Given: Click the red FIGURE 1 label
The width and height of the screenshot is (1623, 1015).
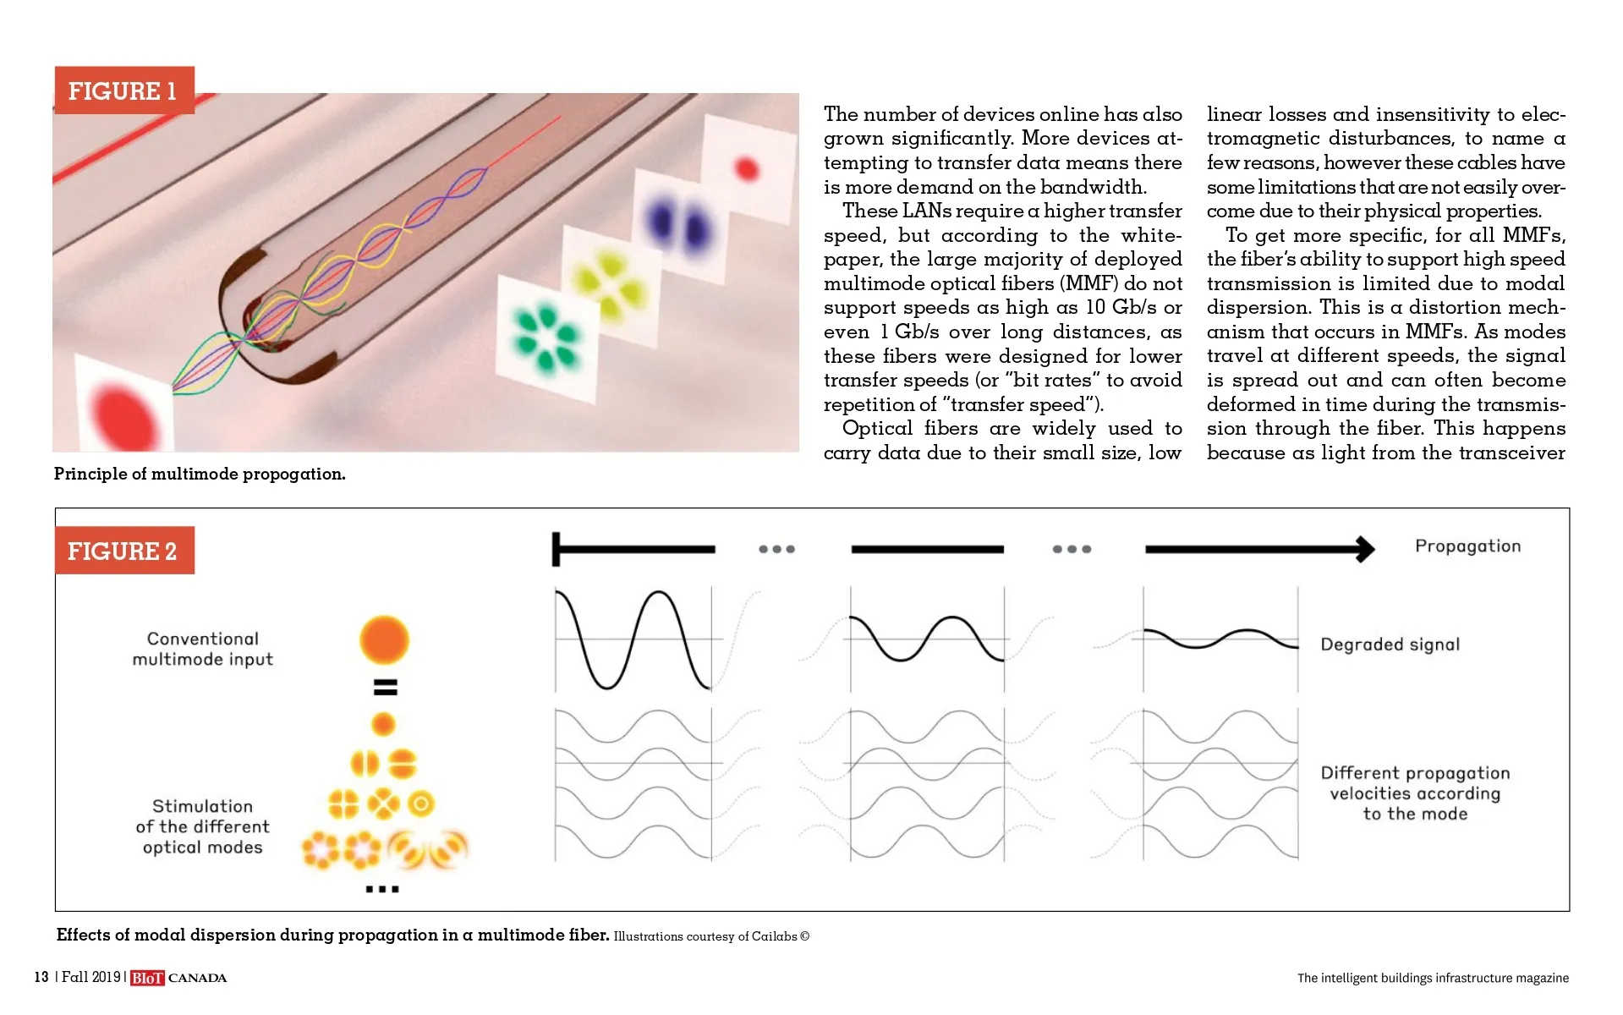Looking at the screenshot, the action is pos(124,91).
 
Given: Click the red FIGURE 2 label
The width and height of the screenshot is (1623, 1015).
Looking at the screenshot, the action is pos(124,551).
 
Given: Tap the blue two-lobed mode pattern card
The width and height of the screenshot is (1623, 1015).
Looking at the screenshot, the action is pos(677,225).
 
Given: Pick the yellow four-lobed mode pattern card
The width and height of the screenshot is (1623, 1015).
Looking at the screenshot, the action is pos(609,282).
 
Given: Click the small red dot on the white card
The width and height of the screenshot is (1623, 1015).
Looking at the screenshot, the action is pos(747,168).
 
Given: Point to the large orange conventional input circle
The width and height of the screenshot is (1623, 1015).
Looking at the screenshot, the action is pos(384,639).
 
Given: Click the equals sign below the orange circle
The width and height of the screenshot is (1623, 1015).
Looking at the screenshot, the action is pos(385,688).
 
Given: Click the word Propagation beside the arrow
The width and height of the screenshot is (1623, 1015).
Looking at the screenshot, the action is pos(1468,546).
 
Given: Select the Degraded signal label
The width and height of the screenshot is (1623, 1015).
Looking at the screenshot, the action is pos(1390,645).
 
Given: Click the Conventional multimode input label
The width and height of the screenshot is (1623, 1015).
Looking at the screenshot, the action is pos(203,649).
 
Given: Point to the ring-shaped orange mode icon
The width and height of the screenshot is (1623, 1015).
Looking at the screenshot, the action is pos(420,804).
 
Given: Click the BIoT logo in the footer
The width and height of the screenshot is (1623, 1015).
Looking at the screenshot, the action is pos(147,978).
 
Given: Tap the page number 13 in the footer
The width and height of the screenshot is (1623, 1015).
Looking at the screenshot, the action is pos(41,977).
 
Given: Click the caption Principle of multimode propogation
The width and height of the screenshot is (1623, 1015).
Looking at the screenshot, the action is pos(200,474).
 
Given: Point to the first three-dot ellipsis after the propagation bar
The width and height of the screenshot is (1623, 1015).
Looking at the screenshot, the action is pos(776,549).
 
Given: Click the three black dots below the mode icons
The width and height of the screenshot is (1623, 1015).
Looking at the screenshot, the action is pos(382,889).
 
